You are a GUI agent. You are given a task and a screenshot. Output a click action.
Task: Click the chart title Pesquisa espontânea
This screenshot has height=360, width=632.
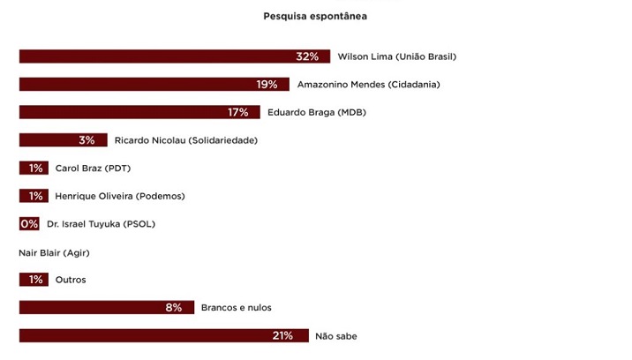coord(315,16)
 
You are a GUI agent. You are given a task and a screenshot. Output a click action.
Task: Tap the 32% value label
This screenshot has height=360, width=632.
coord(307,56)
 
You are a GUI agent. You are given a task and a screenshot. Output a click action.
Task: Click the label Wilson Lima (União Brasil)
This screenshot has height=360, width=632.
coord(396,56)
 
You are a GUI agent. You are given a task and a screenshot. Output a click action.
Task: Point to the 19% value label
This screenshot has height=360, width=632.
coord(267,85)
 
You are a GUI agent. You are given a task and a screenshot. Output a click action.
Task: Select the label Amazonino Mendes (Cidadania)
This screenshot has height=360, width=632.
coord(368,85)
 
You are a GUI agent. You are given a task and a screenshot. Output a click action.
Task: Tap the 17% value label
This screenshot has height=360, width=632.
coord(237,112)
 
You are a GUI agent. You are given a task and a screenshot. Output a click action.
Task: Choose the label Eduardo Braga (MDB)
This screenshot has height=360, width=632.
coord(316,112)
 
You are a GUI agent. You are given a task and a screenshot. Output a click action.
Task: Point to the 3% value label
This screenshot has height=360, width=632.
coord(87,140)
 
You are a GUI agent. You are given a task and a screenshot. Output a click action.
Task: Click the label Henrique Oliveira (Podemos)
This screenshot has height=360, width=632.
coord(120,196)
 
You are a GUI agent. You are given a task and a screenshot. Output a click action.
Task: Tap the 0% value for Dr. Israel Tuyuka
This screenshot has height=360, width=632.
coord(29,224)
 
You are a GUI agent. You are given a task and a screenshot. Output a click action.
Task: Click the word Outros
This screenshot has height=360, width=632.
coord(71,280)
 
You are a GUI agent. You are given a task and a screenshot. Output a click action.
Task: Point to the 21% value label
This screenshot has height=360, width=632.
coord(282,336)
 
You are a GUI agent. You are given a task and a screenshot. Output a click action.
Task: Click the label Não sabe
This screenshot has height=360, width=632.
coord(336,336)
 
